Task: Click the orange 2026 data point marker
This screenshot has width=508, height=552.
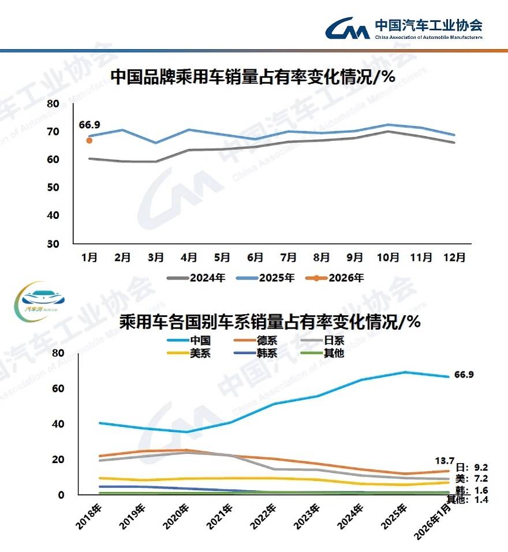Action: pos(89,140)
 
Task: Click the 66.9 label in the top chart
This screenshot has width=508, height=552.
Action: pos(89,125)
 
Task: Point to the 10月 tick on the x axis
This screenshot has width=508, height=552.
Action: pos(388,257)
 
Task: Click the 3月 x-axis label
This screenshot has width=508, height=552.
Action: pos(155,257)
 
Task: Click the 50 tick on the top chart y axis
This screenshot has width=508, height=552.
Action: pos(53,188)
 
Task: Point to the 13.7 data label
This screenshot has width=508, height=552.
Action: pos(445,461)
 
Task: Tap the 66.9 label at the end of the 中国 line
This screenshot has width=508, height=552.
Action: pos(464,375)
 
